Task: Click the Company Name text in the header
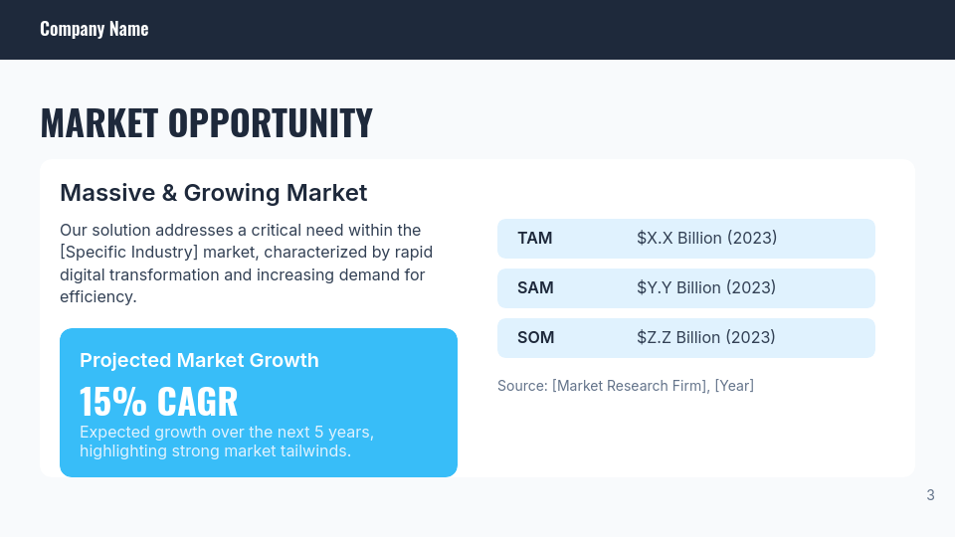coord(94,29)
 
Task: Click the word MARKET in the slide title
coord(98,122)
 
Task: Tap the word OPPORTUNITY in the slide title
coord(270,122)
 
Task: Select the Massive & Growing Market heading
coord(213,192)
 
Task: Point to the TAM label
coord(535,239)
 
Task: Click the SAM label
coord(535,288)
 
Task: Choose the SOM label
coord(535,338)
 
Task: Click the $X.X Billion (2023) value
coord(706,239)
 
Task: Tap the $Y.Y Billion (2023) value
coord(706,288)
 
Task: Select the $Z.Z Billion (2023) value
coord(706,338)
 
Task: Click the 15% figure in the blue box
coord(113,402)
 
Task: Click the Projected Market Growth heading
coord(199,360)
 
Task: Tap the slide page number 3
coord(930,495)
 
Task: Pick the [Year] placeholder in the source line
coord(734,386)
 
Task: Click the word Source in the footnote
coord(520,386)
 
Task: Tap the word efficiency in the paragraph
coord(96,296)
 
